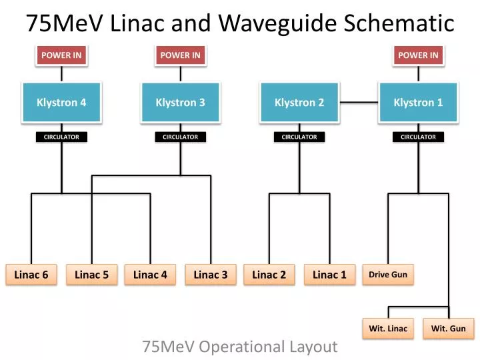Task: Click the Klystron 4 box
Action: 61,103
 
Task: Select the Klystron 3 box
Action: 180,103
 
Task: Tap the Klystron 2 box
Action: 299,103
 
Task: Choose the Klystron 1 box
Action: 418,103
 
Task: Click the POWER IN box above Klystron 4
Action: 61,55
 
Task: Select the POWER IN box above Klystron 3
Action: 180,55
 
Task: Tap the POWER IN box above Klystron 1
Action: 418,55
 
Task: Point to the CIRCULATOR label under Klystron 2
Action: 299,137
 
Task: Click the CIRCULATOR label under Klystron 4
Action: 61,137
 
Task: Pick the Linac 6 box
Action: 31,275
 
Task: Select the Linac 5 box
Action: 91,275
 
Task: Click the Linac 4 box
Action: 150,275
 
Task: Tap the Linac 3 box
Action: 211,275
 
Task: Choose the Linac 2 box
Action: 269,275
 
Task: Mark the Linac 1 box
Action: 329,275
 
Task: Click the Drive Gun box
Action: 388,275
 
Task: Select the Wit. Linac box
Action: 389,329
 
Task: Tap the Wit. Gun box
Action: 449,329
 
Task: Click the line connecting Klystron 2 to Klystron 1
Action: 359,103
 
